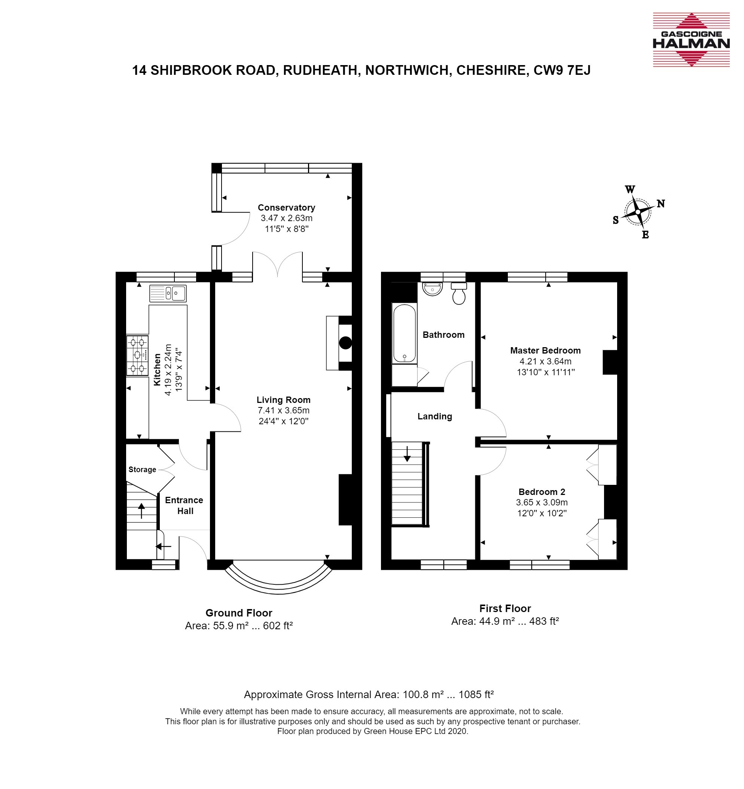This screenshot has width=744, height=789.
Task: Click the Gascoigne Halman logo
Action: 691,39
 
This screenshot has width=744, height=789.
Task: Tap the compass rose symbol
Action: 638,212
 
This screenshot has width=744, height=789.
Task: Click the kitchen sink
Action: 168,293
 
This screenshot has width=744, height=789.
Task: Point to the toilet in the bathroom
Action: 459,293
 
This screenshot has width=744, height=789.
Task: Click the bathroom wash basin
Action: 432,289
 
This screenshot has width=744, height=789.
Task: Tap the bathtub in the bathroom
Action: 405,333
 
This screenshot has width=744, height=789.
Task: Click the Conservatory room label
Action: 286,208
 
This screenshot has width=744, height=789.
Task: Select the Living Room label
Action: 283,400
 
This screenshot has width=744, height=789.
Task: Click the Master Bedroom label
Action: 546,351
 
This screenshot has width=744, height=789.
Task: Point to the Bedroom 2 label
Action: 542,492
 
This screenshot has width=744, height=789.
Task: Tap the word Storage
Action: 142,470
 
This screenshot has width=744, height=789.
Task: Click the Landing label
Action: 435,416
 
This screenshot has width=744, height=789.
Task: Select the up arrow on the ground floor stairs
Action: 141,510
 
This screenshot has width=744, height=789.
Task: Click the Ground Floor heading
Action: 239,613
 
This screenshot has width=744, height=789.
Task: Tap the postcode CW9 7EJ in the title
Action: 562,70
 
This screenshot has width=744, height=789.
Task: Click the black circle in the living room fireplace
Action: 345,343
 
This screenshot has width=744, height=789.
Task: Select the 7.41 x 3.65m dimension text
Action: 283,410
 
